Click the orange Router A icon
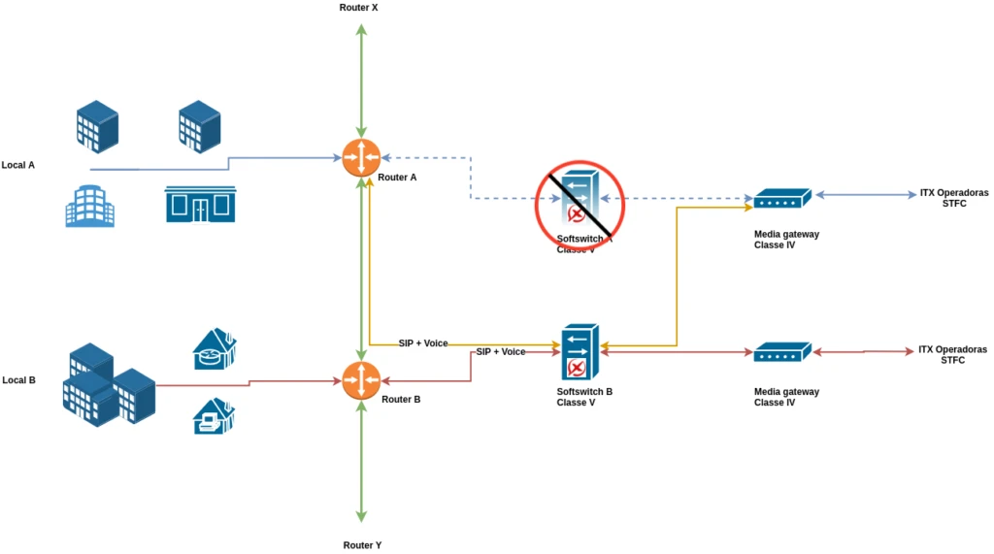(361, 157)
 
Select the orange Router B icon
(361, 379)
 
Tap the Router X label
(358, 8)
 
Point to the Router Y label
(362, 545)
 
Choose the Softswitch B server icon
(580, 352)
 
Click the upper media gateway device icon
(781, 199)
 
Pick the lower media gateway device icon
(781, 352)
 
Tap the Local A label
(18, 165)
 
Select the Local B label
(18, 380)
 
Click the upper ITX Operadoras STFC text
(953, 198)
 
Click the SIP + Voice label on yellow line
(423, 343)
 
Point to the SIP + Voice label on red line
(500, 352)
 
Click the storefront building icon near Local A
(200, 204)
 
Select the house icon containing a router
(215, 348)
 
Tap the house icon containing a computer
(214, 416)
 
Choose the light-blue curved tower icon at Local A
(89, 207)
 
